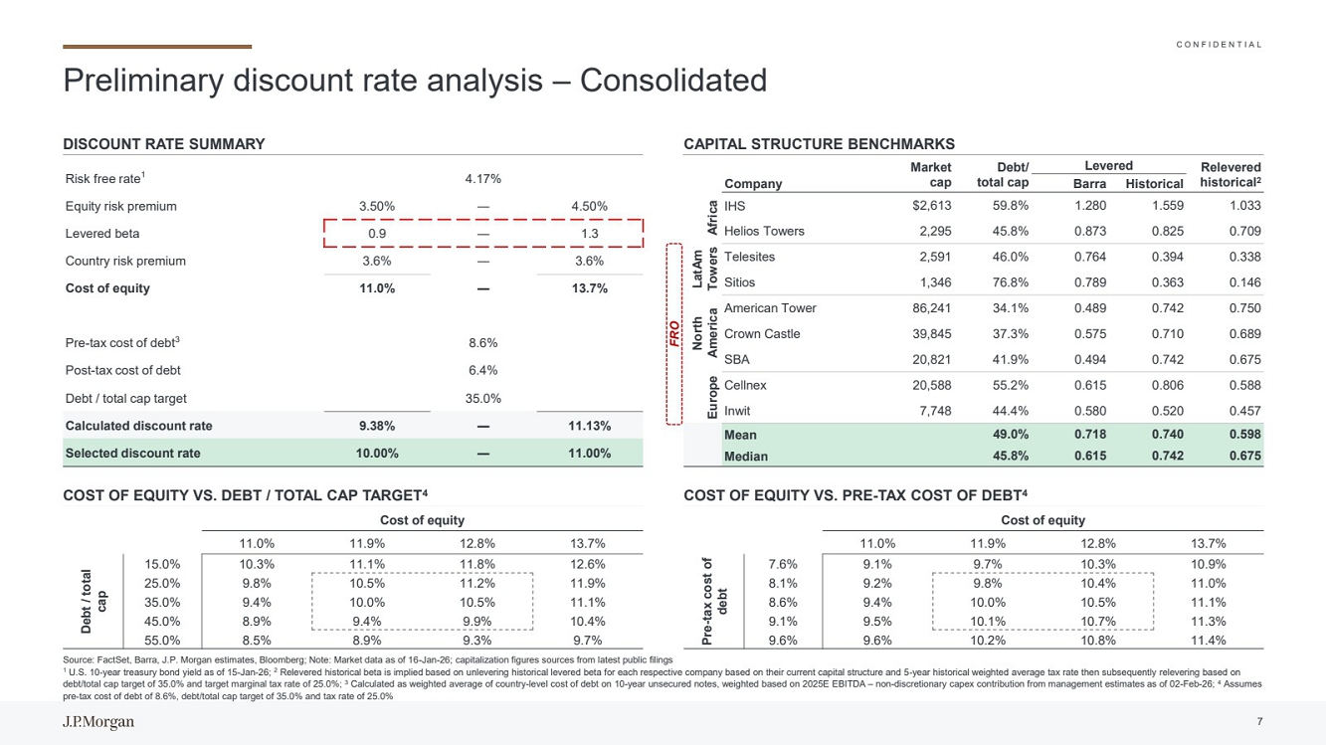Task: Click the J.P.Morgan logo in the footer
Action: [98, 722]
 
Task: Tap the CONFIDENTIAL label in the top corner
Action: [1219, 45]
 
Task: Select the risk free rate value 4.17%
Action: [483, 179]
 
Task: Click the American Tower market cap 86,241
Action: [932, 308]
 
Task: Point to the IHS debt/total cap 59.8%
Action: [1011, 205]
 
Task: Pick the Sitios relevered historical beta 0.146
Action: [1244, 282]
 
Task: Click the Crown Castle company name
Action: [762, 334]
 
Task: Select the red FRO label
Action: [674, 334]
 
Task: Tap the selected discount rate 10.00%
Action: [377, 454]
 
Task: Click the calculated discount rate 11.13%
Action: [590, 426]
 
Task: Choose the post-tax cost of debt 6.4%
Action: [483, 370]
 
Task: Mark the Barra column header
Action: [1090, 184]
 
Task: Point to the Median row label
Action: [746, 457]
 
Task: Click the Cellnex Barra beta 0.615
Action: [1090, 385]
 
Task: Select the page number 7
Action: [1259, 721]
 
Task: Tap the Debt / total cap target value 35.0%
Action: [483, 398]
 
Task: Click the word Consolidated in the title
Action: [673, 81]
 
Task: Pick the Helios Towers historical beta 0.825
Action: [1168, 232]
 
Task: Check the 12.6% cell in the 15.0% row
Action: [588, 565]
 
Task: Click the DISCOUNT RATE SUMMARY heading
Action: [164, 144]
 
